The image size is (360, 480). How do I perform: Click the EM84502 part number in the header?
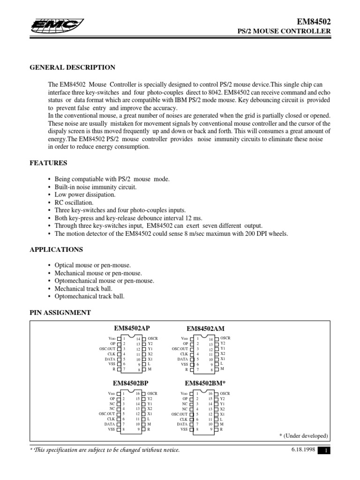click(x=315, y=22)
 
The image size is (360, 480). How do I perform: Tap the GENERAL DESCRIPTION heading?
click(x=73, y=67)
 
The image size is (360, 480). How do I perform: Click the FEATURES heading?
click(x=48, y=163)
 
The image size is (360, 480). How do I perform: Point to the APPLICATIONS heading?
click(x=56, y=249)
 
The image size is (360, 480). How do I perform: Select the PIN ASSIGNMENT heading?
click(x=60, y=313)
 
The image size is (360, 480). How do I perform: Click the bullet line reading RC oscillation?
click(x=74, y=202)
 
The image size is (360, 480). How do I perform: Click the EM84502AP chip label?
click(x=132, y=329)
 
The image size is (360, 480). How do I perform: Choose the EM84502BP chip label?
click(x=132, y=383)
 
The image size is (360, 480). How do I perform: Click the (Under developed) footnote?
click(x=304, y=436)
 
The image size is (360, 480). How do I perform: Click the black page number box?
click(x=325, y=451)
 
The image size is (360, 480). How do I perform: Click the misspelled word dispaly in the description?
click(x=60, y=132)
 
